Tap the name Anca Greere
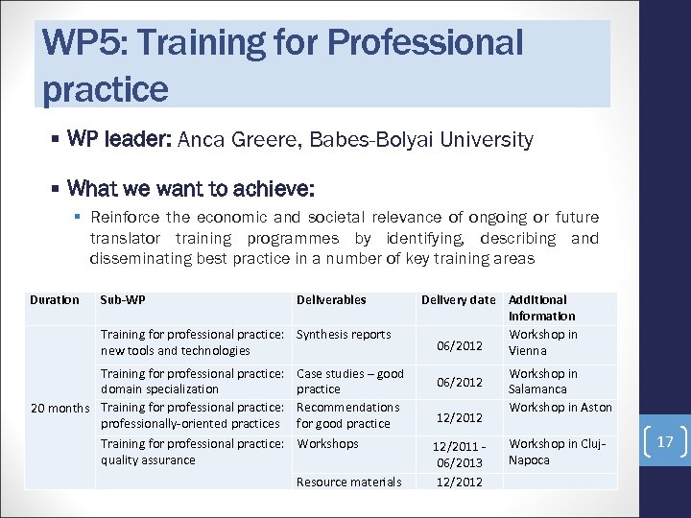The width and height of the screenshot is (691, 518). [x=235, y=140]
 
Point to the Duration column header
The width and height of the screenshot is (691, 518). [x=55, y=299]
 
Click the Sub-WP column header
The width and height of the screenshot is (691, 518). [x=122, y=299]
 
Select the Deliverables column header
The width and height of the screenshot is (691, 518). [x=331, y=299]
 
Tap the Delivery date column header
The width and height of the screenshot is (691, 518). [x=458, y=299]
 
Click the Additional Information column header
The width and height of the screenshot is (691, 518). [x=541, y=307]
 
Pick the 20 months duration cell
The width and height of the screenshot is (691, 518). [x=60, y=408]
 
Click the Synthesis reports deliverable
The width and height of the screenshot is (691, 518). [x=344, y=335]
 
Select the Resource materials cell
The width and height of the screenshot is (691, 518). [x=348, y=482]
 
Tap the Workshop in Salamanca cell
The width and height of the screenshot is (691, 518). [x=542, y=381]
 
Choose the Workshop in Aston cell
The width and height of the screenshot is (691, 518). [x=560, y=408]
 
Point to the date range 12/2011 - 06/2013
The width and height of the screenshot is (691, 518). [x=458, y=452]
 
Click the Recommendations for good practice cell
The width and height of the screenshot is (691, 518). [x=347, y=415]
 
